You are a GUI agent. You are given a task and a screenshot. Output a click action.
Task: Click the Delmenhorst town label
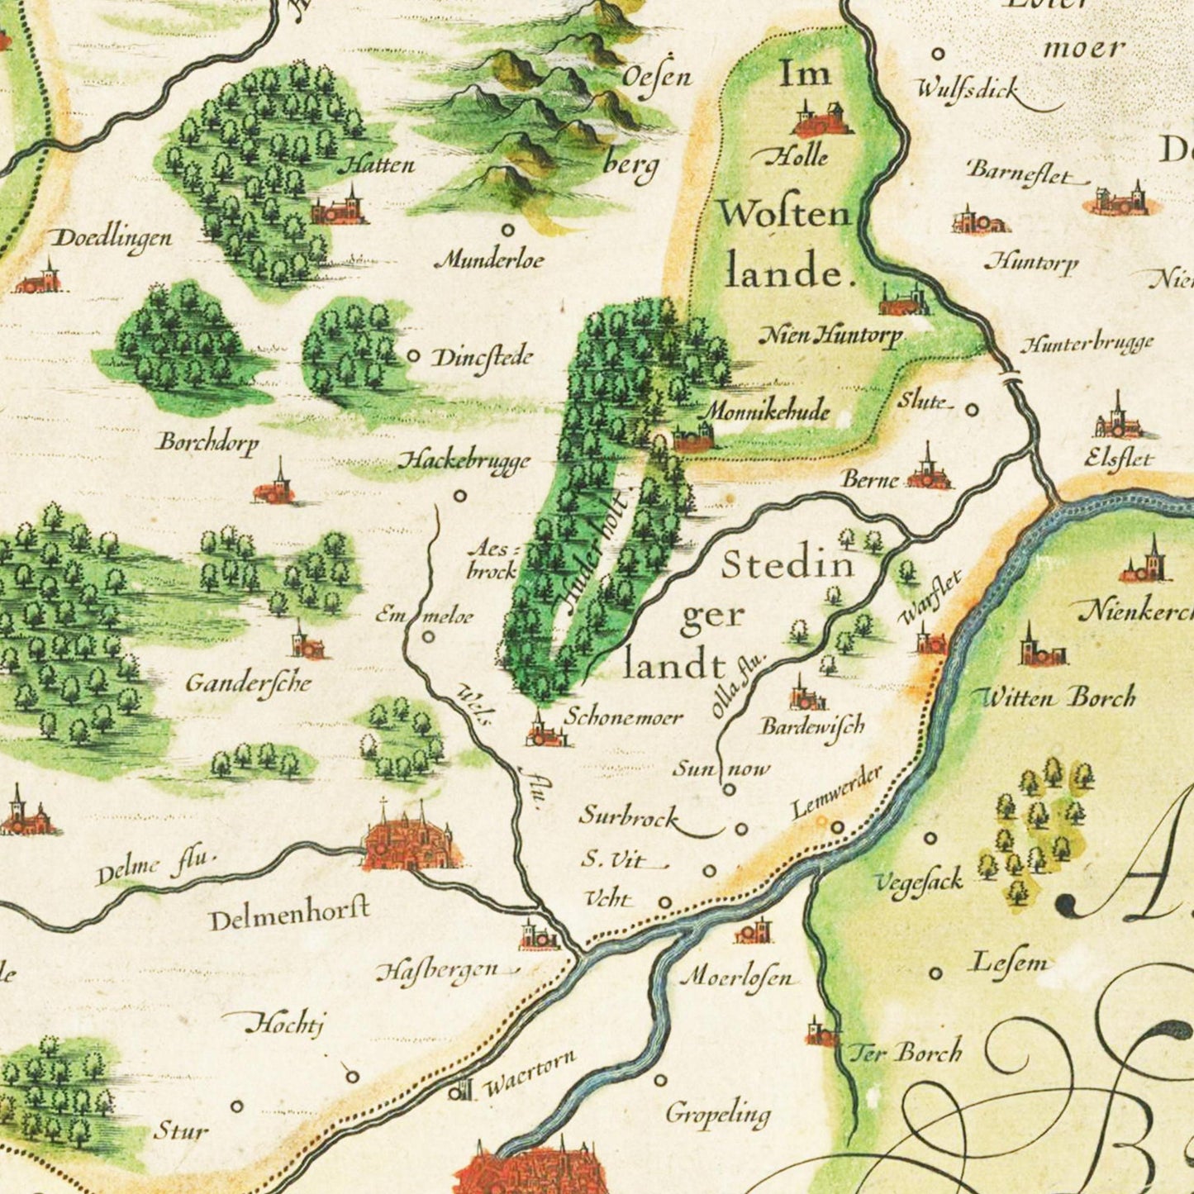point(288,915)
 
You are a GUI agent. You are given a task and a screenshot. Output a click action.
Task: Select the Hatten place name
point(376,164)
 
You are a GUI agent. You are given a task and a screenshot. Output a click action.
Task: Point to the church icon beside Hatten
point(340,209)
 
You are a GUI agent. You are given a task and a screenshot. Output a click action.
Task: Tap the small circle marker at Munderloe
point(507,231)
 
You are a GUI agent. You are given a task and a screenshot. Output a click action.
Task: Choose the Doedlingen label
point(112,239)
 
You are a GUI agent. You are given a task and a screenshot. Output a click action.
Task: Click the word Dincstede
point(483,359)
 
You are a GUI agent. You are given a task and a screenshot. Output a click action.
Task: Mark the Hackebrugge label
point(464,461)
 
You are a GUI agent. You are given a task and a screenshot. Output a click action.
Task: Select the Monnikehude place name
point(766,410)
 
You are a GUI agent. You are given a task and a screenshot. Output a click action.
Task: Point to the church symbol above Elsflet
point(1118,419)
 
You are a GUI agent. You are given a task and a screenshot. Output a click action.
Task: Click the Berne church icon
point(929,471)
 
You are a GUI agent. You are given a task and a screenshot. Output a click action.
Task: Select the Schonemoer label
point(623,716)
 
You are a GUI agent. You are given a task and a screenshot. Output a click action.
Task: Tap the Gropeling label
point(717,1115)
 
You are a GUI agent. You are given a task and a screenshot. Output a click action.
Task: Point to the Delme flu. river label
point(154,868)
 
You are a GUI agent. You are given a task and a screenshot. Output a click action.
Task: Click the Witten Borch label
point(1056,697)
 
